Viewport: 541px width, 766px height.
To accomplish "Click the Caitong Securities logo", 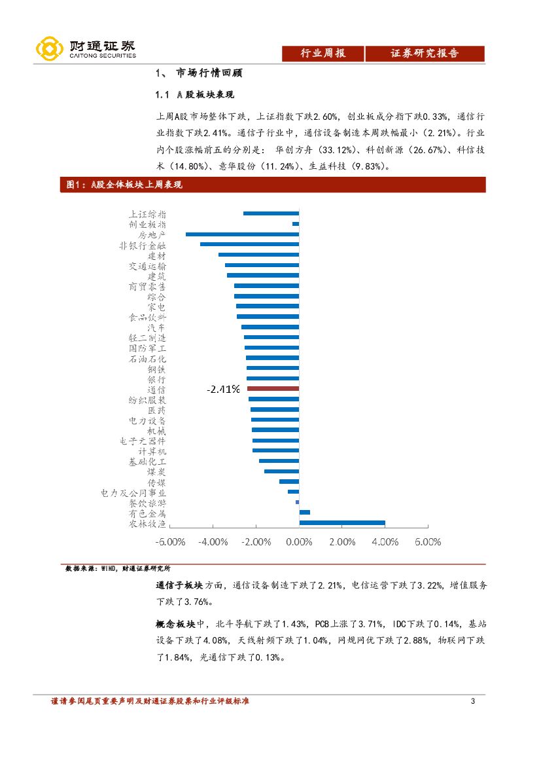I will [85, 48].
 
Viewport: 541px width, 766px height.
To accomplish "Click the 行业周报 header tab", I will [323, 54].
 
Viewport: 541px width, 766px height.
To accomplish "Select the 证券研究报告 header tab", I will [425, 54].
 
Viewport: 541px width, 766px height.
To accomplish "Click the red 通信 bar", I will [273, 389].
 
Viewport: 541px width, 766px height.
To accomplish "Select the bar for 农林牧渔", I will [342, 522].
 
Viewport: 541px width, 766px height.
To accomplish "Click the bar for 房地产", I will [242, 234].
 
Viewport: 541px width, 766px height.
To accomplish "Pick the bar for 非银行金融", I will [249, 244].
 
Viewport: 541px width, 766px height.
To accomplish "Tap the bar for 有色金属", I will [305, 513].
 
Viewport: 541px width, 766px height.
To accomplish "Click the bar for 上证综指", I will [271, 213].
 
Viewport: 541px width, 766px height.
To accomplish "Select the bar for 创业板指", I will [296, 224].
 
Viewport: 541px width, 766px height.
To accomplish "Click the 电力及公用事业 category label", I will [133, 493].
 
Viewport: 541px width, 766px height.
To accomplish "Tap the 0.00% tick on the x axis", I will [299, 542].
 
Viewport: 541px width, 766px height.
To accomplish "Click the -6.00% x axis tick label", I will [170, 542].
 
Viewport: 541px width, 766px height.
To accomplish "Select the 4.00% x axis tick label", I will [385, 542].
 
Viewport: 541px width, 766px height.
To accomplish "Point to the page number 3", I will [473, 702].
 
